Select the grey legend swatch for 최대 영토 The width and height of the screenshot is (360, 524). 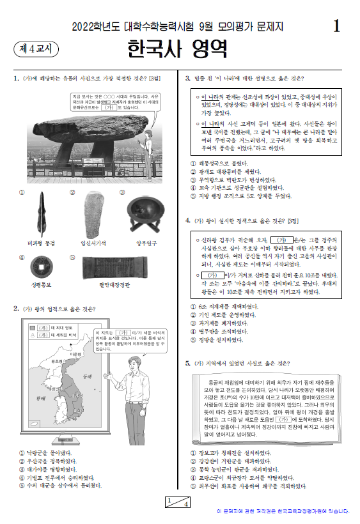pos(33,327)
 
